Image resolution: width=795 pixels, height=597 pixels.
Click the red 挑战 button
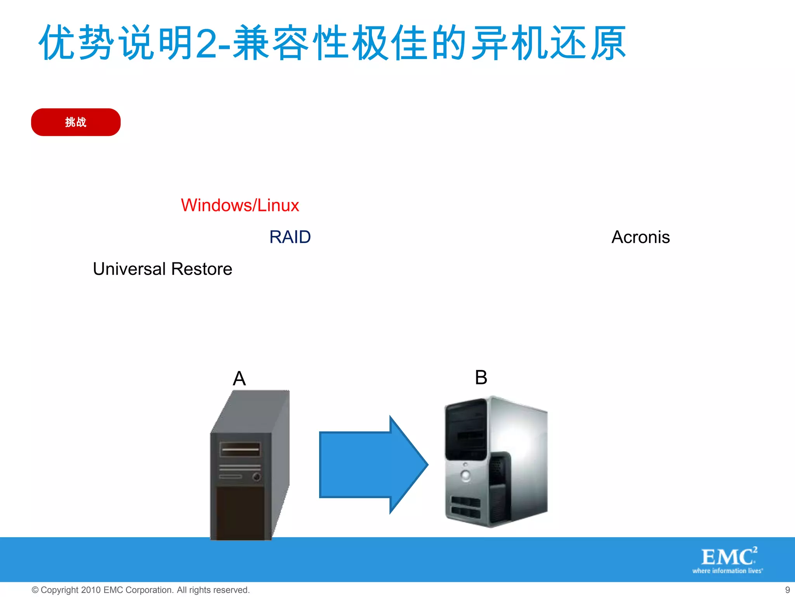76,122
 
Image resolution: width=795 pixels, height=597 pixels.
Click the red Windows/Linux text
240,205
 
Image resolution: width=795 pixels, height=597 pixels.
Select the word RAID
290,237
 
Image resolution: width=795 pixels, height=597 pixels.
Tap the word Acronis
641,237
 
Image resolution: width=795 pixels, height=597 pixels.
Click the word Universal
130,269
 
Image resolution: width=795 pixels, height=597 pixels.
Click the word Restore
201,269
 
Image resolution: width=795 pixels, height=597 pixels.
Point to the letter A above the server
239,378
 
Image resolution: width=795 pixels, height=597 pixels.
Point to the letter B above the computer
481,377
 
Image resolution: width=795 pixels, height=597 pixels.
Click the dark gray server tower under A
248,466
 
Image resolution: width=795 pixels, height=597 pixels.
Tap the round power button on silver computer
465,475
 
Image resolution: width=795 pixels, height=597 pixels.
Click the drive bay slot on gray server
240,449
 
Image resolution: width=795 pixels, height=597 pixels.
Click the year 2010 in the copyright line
91,590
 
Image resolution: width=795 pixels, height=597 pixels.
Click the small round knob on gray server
256,477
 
